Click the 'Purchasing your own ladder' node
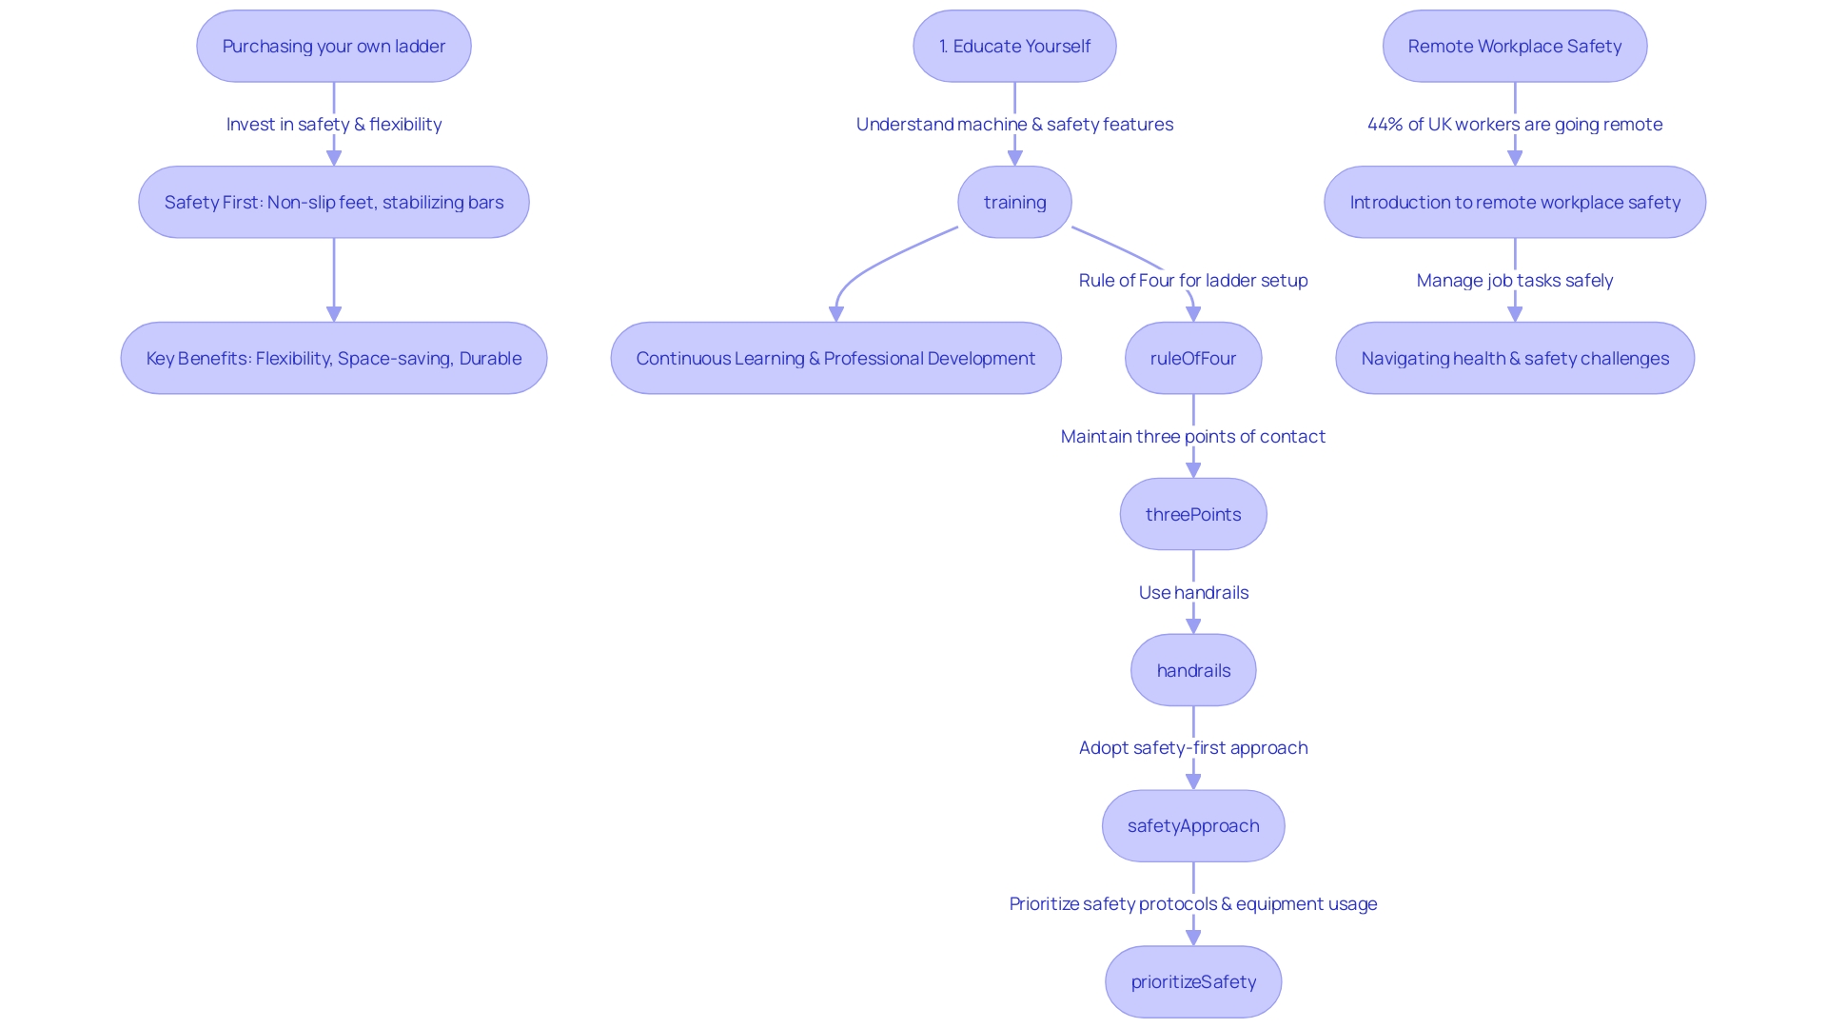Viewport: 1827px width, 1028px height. [333, 46]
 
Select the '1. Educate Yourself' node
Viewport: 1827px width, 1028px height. [1014, 46]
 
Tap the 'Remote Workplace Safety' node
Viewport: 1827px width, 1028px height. [1514, 46]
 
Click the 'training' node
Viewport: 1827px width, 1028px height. [1014, 202]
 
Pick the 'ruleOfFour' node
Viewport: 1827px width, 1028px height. [1192, 358]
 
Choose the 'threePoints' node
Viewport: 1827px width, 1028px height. [1192, 514]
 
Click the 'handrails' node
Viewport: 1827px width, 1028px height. [1192, 670]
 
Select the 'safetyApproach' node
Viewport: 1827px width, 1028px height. [1192, 825]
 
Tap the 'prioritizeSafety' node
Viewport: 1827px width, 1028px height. [1192, 981]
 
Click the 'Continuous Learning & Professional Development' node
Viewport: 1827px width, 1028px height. [835, 358]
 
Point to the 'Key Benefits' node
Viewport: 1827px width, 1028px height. [333, 358]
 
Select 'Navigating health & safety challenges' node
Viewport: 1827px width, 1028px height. [1514, 358]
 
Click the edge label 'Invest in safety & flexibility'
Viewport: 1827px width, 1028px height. [333, 124]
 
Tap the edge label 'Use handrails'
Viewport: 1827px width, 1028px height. [1192, 592]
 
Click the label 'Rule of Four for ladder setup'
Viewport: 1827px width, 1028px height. [1192, 280]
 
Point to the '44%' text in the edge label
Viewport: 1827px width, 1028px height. [1385, 124]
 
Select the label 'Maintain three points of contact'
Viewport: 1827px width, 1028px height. [1192, 436]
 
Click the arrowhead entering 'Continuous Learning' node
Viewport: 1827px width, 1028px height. [836, 314]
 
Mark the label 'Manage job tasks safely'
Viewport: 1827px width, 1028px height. [1514, 280]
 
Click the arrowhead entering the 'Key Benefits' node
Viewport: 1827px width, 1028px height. [333, 314]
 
